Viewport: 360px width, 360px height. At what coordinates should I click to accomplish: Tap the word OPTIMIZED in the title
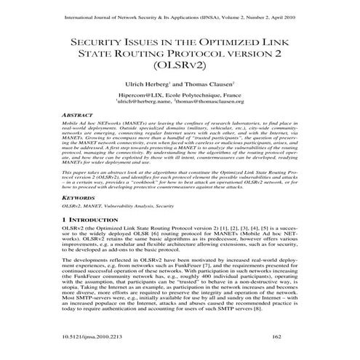pos(241,44)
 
